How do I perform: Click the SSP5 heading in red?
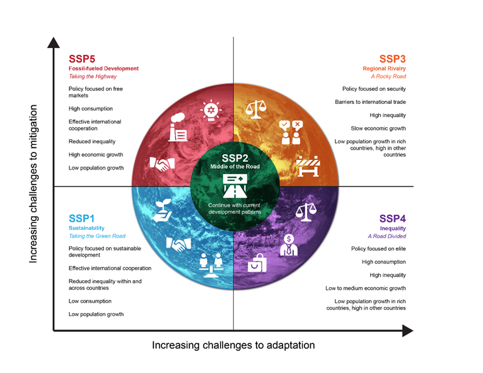tap(82, 59)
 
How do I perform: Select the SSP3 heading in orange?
tap(392, 59)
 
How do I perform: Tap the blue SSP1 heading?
tap(81, 219)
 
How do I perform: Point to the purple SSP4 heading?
tap(392, 219)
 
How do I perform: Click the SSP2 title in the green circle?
tap(235, 158)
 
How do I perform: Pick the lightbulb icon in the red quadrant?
tap(211, 110)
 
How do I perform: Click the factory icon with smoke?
tap(178, 127)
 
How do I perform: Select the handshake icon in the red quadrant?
tap(162, 164)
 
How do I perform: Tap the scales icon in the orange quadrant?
tap(256, 109)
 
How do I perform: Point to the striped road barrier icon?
tap(308, 166)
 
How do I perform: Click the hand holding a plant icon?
tap(162, 210)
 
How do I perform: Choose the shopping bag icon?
tap(257, 263)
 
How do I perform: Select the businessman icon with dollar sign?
tap(289, 245)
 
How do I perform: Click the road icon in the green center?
tap(235, 186)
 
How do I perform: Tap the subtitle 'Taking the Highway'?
tap(93, 76)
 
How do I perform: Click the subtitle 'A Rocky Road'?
tap(388, 76)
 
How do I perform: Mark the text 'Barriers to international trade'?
tap(370, 102)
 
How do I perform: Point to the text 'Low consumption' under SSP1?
tap(90, 301)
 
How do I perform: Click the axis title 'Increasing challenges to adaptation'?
tap(233, 345)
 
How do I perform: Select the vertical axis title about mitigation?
tap(33, 184)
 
